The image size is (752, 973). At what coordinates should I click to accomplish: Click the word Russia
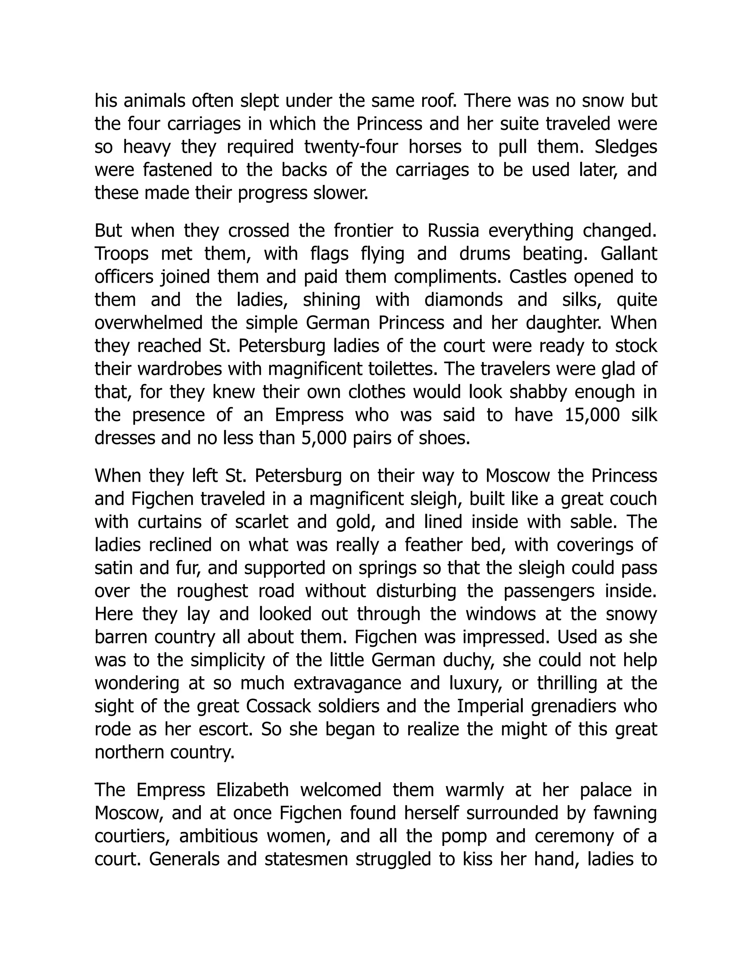point(453,231)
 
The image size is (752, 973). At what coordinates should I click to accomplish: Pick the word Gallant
point(629,254)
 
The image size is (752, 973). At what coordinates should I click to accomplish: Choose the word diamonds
point(463,300)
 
